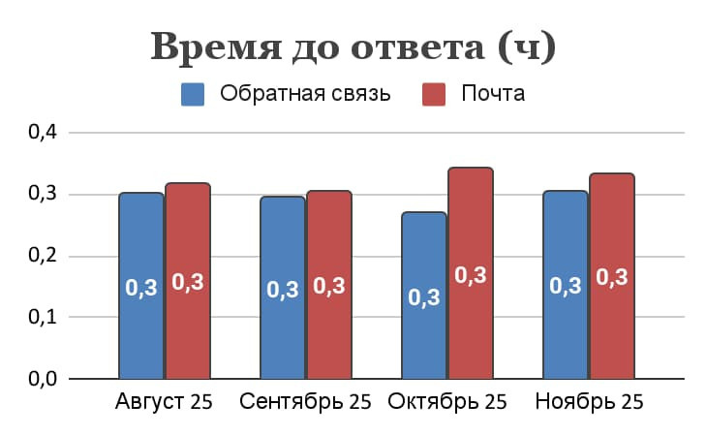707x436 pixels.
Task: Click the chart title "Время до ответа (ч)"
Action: point(353,47)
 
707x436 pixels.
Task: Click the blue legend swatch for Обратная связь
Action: point(194,95)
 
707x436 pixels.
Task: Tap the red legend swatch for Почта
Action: point(434,95)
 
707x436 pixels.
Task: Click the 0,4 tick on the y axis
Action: point(44,133)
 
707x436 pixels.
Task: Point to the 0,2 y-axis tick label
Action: point(44,257)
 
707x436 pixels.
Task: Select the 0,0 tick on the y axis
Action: point(44,379)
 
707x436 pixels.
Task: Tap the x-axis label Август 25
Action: point(165,402)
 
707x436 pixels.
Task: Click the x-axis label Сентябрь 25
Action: point(305,402)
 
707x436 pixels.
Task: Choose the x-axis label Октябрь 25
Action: point(447,402)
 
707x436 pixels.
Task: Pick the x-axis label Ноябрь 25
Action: point(589,402)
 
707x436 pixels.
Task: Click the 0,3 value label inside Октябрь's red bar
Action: point(471,275)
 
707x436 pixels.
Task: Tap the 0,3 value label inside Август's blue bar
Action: point(141,288)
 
